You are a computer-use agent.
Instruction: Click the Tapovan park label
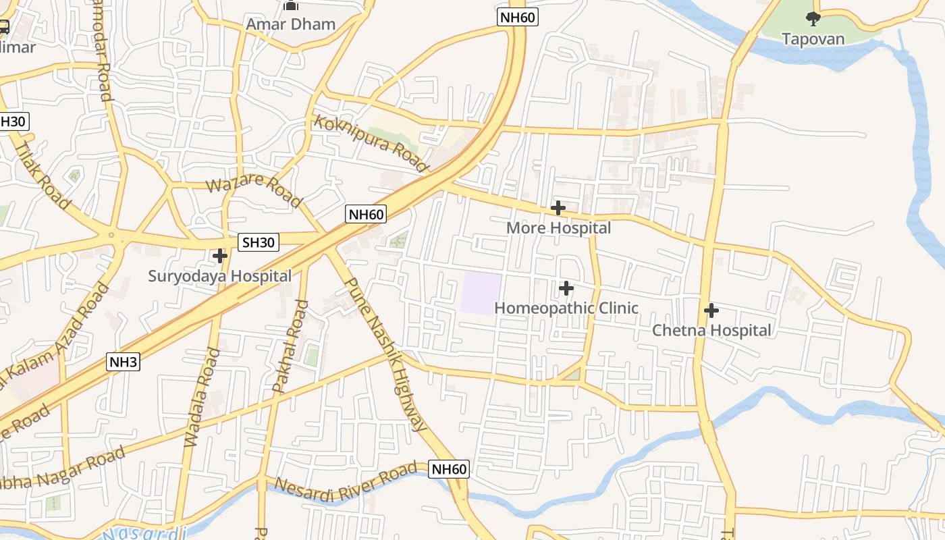tap(813, 38)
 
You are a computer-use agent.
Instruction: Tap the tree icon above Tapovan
tap(813, 19)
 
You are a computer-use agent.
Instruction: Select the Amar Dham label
tap(290, 24)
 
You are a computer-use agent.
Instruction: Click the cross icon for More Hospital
tap(558, 207)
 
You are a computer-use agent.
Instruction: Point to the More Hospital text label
tap(558, 228)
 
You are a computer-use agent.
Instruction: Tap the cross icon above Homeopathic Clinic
tap(566, 288)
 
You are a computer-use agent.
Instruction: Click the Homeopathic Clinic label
tap(566, 308)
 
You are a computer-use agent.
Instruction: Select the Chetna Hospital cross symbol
tap(711, 310)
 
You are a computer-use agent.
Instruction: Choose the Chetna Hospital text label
tap(711, 331)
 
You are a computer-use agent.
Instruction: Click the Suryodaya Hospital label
tap(220, 276)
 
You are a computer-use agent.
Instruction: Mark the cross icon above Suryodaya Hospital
tap(220, 256)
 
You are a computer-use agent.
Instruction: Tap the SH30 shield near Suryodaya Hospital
tap(259, 242)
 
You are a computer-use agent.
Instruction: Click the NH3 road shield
tap(124, 362)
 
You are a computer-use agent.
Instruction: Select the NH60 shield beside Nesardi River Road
tap(449, 469)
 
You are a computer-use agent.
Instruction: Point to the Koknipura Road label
tap(371, 143)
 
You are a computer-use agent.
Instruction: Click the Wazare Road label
tap(253, 192)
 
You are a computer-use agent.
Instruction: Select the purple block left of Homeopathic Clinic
tap(481, 293)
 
